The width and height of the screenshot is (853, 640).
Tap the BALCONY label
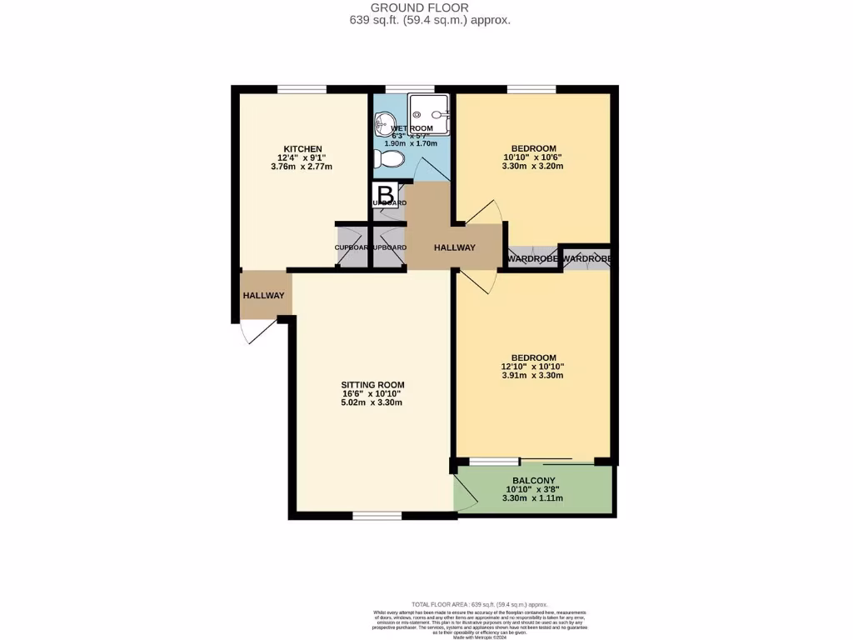pos(532,479)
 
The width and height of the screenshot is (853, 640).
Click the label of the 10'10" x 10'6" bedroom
pos(533,148)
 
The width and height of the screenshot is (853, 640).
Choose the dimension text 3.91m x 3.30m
pos(533,375)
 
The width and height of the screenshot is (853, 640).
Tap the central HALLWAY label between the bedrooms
pos(454,247)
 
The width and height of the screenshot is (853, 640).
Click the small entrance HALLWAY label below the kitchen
pos(263,296)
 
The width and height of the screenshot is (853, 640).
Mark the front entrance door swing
pos(254,332)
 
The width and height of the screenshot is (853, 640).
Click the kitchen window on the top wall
pos(302,89)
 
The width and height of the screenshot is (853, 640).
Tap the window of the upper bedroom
pos(531,89)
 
